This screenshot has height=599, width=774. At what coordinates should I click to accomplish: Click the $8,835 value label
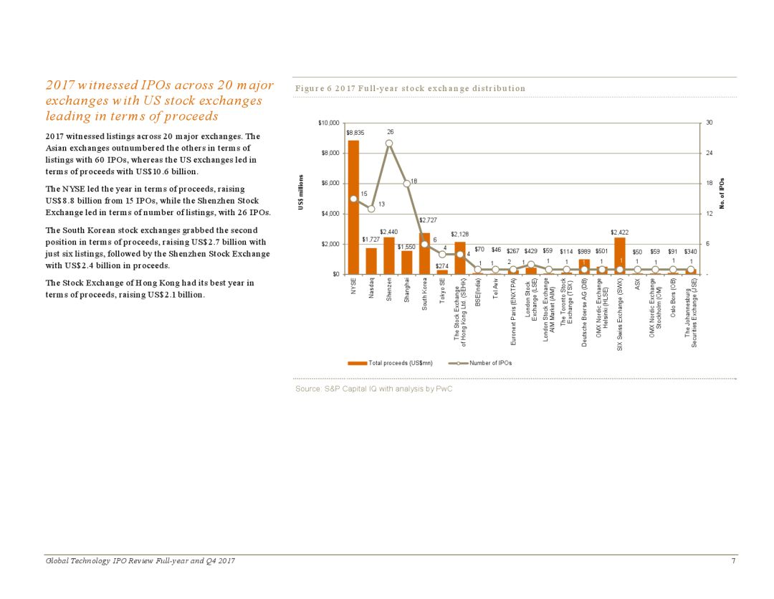point(355,133)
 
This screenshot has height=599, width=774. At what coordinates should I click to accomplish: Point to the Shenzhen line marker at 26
point(389,143)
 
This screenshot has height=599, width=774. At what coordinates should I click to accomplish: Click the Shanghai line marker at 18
point(406,183)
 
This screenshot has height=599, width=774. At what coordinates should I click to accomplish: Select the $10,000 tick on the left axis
point(328,123)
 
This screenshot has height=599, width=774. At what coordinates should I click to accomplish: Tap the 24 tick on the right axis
point(709,154)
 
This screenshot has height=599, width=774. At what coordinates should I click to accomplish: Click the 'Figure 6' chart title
point(411,88)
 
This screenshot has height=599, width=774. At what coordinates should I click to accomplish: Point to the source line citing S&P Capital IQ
point(374,389)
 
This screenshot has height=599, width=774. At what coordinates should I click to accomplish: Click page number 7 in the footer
point(733,560)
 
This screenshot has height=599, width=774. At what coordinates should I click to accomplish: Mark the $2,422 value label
point(620,232)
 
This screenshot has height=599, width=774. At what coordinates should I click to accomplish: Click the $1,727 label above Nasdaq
point(371,239)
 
